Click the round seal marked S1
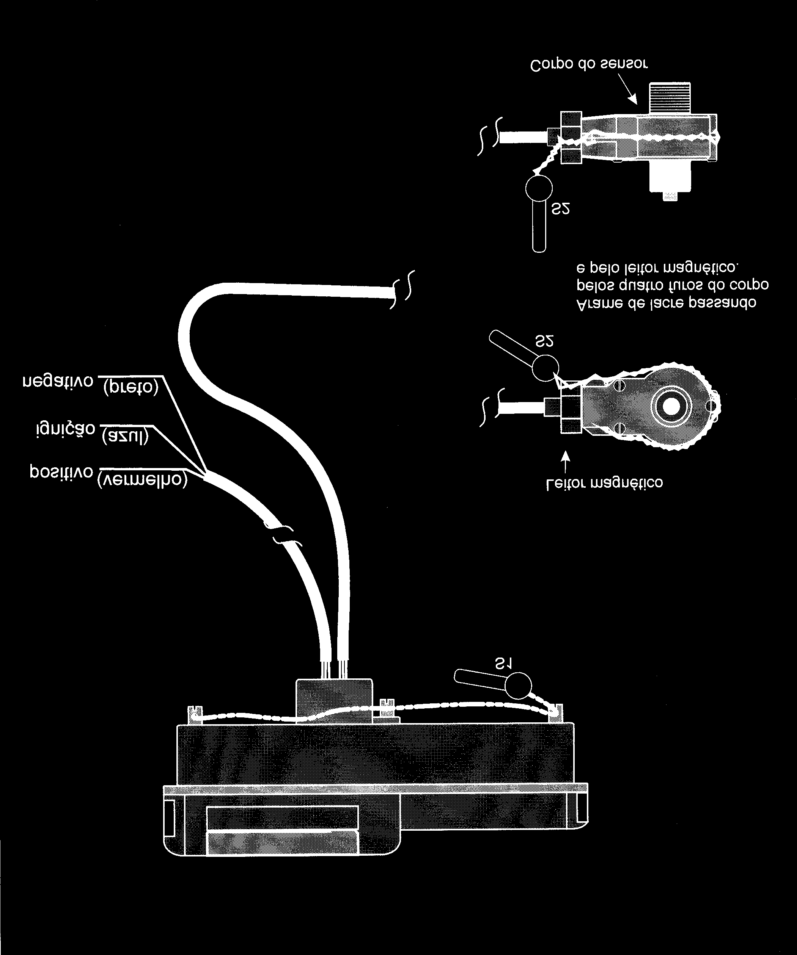518,685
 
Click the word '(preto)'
130,387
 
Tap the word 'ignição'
65,429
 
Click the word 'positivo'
61,471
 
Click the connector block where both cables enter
334,700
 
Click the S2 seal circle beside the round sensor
545,367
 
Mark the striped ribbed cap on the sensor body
670,98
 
